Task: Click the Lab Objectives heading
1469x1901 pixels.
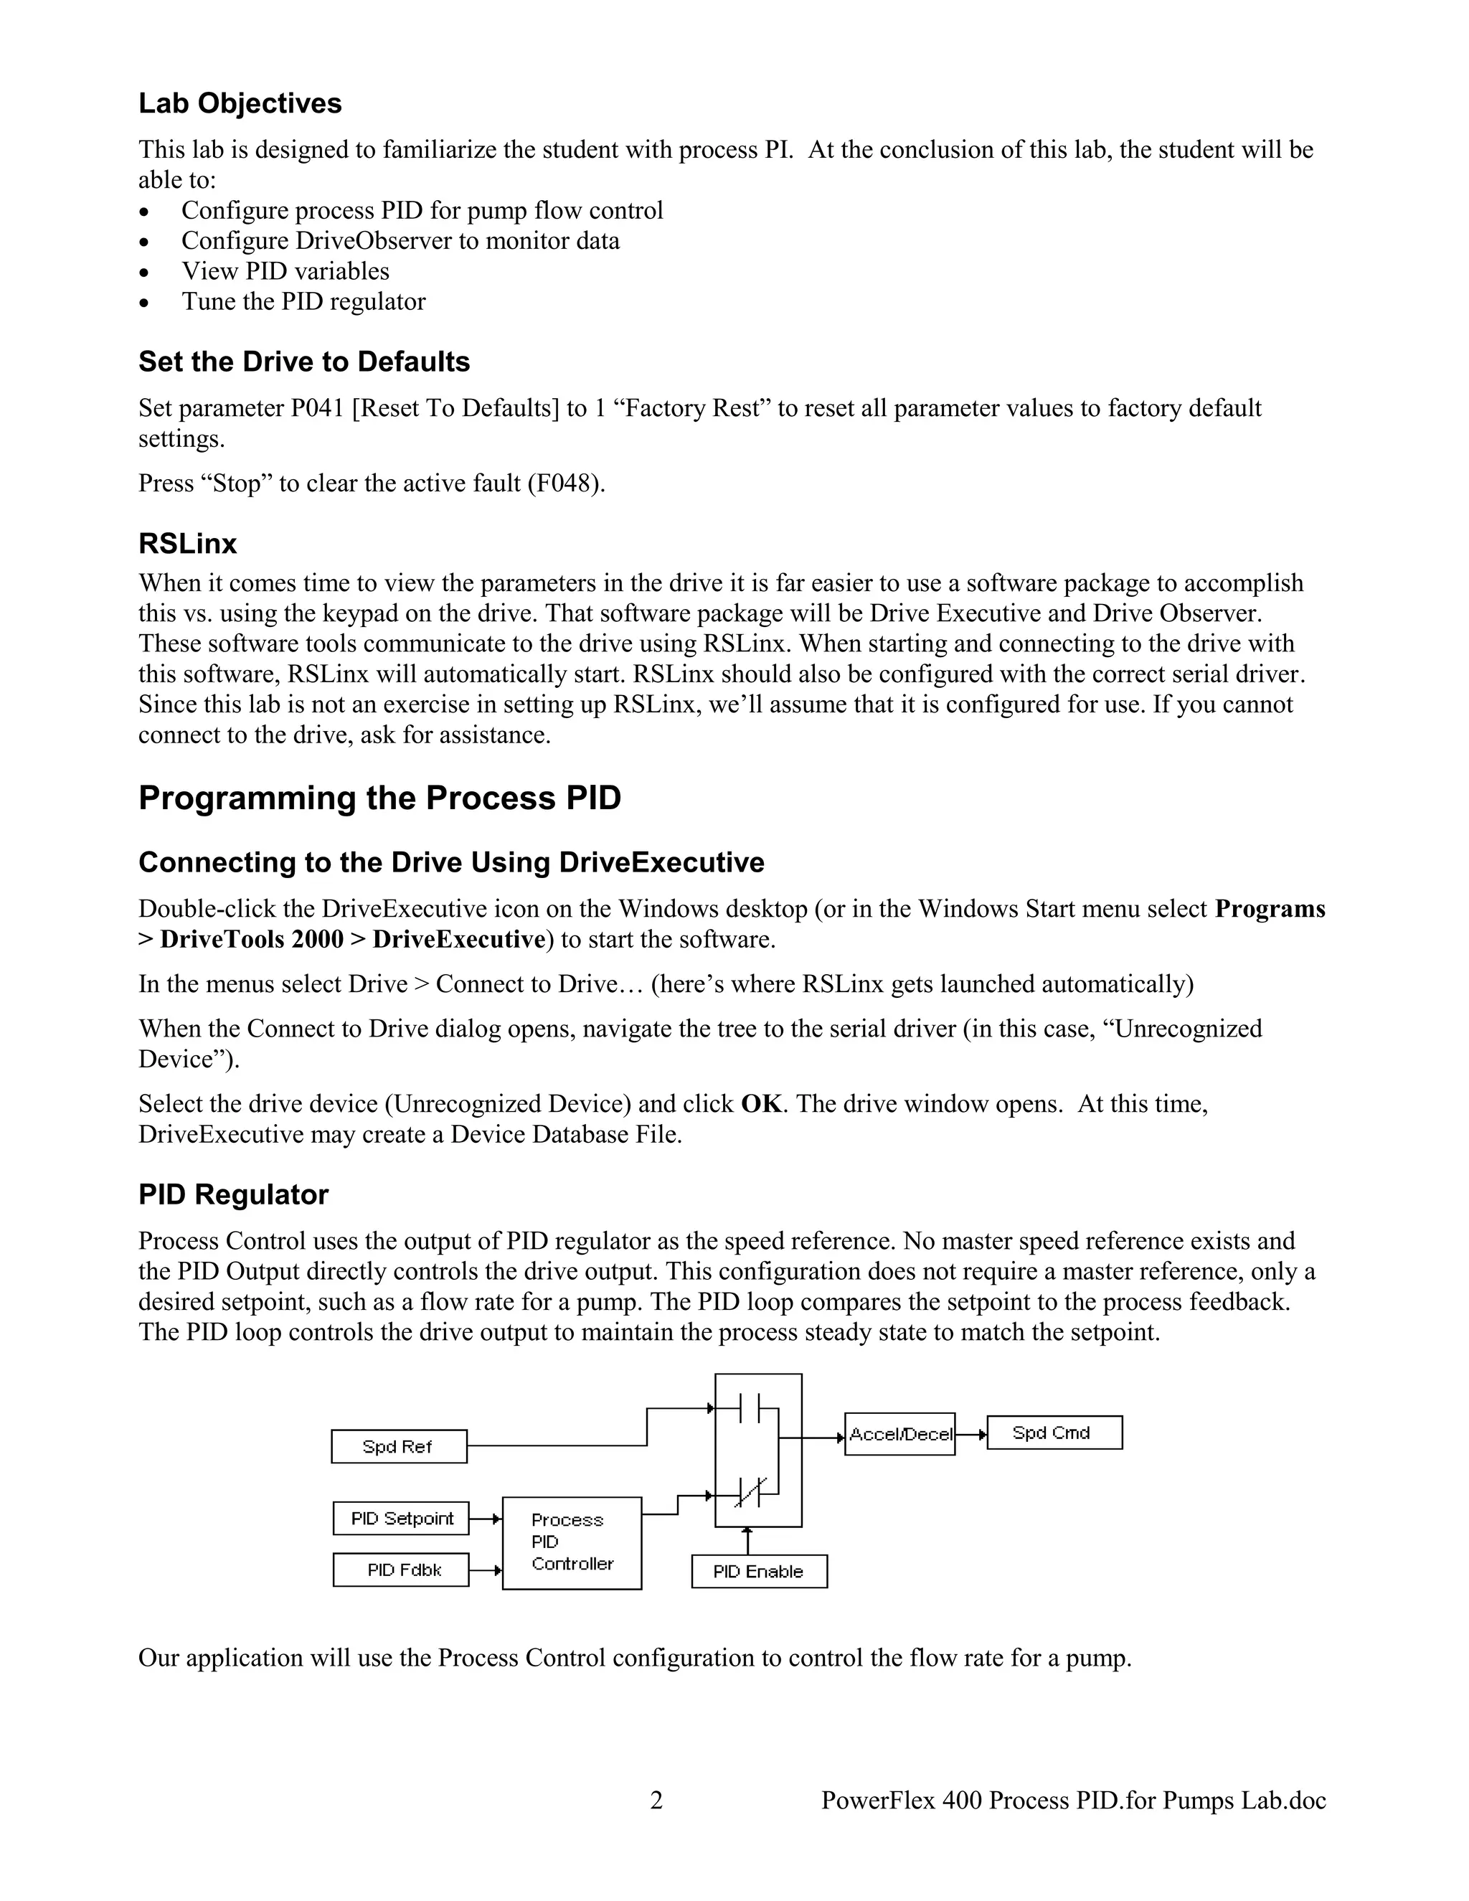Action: [240, 103]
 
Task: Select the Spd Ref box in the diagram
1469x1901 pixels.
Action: [399, 1447]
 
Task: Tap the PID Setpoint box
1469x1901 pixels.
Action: [401, 1518]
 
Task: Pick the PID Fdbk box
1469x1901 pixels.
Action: [401, 1570]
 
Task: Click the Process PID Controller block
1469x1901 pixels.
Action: [572, 1542]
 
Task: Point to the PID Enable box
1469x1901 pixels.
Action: [759, 1571]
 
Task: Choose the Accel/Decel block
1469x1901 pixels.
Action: [900, 1435]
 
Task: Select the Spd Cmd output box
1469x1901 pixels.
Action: [1054, 1433]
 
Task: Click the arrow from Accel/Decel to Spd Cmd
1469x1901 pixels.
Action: [971, 1433]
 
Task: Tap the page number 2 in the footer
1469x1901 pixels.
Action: [656, 1800]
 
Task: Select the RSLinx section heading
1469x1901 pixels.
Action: [187, 544]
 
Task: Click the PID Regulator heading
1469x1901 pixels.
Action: [233, 1194]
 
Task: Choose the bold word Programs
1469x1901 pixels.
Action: [1270, 909]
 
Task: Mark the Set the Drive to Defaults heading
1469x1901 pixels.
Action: [303, 362]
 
